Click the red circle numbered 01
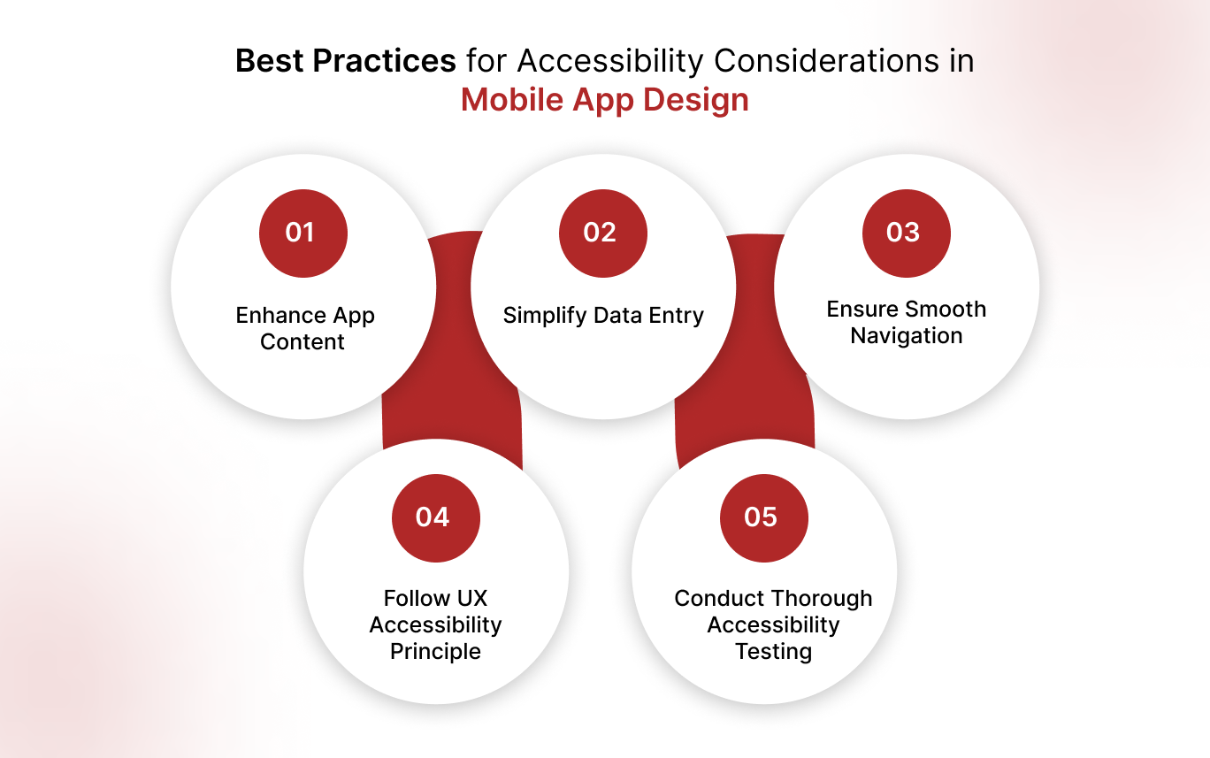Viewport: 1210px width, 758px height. pos(302,233)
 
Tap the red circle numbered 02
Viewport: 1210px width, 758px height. pos(602,233)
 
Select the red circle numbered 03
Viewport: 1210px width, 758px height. pos(906,233)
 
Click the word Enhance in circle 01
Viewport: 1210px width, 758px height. pos(270,316)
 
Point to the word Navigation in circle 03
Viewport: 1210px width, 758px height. pos(906,336)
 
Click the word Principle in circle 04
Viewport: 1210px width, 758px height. pos(435,652)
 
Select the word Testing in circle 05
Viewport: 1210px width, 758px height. pos(773,652)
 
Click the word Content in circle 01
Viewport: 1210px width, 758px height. pos(302,342)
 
